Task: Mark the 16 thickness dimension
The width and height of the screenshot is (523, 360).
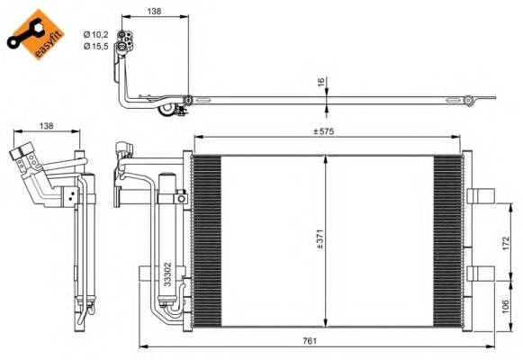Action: pyautogui.click(x=320, y=82)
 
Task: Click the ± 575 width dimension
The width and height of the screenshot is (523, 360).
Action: pyautogui.click(x=325, y=132)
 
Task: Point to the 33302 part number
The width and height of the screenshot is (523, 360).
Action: pyautogui.click(x=168, y=274)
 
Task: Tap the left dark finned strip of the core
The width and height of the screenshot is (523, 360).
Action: pyautogui.click(x=207, y=239)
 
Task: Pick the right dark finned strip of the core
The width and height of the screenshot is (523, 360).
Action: pyautogui.click(x=446, y=239)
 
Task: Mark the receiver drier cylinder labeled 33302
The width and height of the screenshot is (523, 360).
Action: pyautogui.click(x=168, y=234)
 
